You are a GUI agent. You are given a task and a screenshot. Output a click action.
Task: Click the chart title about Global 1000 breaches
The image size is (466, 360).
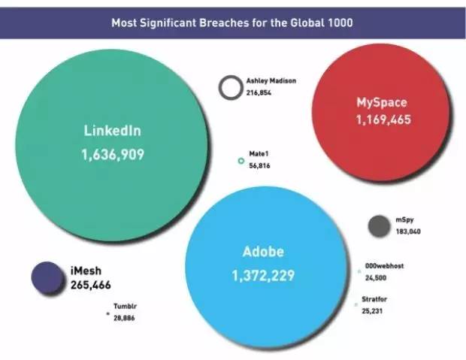[232, 22]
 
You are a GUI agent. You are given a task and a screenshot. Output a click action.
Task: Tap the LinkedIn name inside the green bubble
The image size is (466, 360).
[112, 131]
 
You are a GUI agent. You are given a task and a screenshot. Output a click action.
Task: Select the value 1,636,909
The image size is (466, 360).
[112, 155]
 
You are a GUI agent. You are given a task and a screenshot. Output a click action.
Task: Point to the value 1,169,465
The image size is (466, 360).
[383, 119]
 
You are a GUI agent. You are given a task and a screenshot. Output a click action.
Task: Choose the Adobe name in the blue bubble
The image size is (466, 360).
[263, 252]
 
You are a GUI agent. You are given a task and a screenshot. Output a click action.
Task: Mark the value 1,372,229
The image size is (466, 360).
[263, 276]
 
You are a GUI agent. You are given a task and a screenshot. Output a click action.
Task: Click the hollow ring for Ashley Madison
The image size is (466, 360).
[230, 88]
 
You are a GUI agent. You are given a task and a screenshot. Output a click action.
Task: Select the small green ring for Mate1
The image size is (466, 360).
[241, 160]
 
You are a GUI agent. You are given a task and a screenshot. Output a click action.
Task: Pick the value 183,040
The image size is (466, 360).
[408, 231]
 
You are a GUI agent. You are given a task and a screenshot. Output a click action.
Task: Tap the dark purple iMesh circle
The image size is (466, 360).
[46, 276]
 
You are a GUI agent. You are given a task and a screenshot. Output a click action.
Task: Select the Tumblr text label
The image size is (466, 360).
[124, 307]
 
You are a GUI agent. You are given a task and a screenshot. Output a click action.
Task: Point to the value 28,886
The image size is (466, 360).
[125, 319]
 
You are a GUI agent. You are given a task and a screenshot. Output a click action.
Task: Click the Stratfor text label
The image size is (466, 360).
[374, 299]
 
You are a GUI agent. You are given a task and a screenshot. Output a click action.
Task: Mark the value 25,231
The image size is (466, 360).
[373, 310]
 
